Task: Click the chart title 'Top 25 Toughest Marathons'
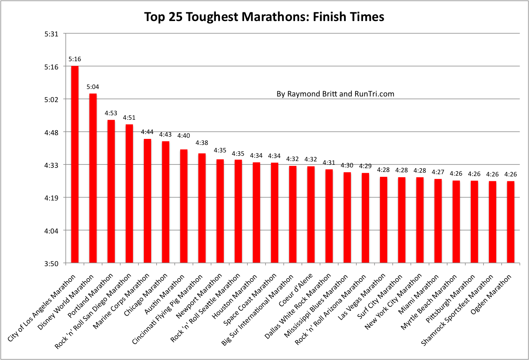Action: click(x=264, y=17)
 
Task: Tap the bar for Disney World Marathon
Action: click(x=93, y=178)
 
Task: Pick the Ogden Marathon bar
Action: click(x=511, y=222)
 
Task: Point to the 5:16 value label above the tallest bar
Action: click(x=75, y=59)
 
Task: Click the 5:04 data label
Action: click(x=93, y=87)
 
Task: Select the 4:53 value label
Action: click(x=111, y=113)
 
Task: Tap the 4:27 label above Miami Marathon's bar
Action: click(x=438, y=172)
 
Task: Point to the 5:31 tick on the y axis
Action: click(x=51, y=34)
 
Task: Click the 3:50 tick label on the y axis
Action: click(x=51, y=264)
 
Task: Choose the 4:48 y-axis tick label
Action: click(x=51, y=132)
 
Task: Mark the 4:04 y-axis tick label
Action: click(x=51, y=230)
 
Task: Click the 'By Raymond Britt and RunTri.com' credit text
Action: click(x=335, y=94)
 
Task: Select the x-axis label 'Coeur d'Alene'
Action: click(x=296, y=290)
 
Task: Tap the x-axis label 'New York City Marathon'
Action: click(x=393, y=302)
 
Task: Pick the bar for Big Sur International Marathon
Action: click(x=293, y=214)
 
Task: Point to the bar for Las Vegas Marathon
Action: click(x=383, y=220)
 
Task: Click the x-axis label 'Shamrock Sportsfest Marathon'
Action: click(x=457, y=310)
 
